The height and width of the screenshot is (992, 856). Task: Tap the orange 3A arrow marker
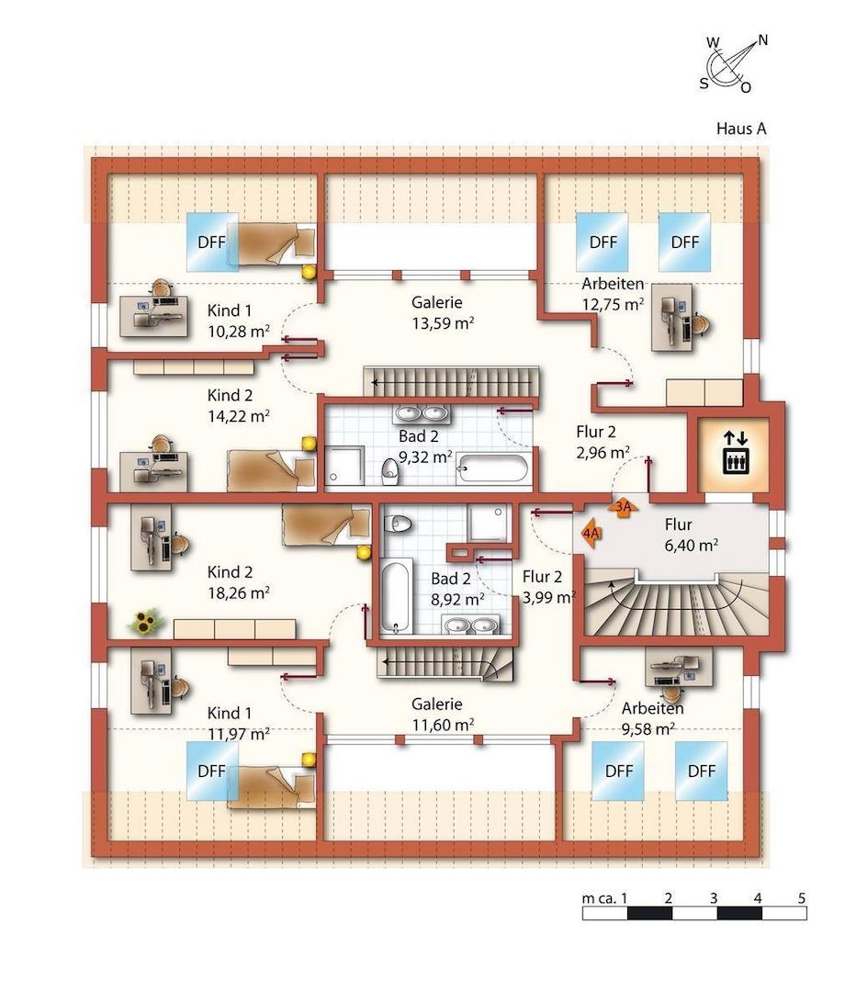[623, 506]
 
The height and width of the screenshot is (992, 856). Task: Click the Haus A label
[740, 129]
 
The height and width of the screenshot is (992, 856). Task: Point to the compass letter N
[762, 41]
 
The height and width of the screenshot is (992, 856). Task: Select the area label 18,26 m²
[238, 592]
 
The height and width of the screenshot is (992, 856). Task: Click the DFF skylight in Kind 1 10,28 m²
[212, 242]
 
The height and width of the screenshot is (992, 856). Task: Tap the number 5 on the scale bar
[801, 897]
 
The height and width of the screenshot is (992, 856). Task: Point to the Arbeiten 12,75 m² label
[613, 294]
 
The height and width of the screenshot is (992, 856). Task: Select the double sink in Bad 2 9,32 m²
[422, 415]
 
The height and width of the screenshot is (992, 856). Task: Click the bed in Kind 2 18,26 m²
[326, 525]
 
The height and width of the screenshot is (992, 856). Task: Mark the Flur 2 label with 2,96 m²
[602, 441]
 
